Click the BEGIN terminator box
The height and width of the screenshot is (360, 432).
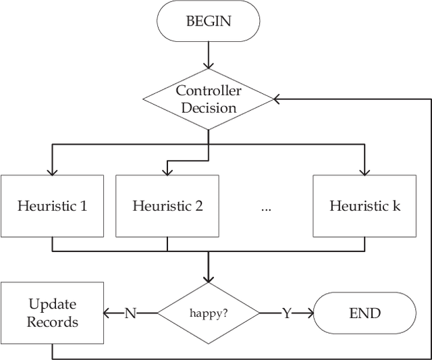click(x=208, y=21)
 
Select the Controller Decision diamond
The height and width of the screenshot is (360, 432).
click(x=208, y=99)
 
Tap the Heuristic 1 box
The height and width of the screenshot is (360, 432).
click(x=53, y=206)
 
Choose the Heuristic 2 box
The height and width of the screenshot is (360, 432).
click(x=167, y=206)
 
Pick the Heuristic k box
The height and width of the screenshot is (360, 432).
click(x=364, y=206)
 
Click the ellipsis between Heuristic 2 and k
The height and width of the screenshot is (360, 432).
click(x=265, y=208)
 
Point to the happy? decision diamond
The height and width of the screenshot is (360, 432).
click(x=208, y=313)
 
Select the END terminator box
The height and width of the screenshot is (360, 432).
click(x=364, y=313)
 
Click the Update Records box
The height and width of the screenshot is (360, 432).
click(x=53, y=313)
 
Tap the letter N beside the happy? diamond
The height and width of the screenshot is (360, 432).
click(x=130, y=313)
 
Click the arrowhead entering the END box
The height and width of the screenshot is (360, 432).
click(x=309, y=313)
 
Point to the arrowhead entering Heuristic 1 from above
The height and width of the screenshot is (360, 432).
click(x=53, y=170)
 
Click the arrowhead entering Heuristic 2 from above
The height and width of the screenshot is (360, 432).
click(x=167, y=170)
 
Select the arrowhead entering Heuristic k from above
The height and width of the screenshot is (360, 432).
click(x=364, y=170)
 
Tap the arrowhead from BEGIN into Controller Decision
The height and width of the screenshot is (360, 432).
click(x=208, y=64)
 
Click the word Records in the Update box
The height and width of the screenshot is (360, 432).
click(x=53, y=322)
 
